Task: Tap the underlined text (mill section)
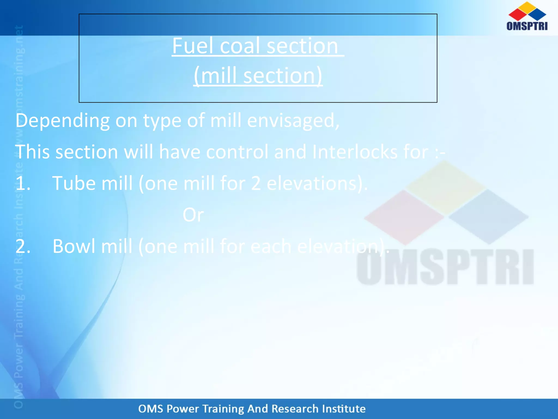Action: click(x=258, y=76)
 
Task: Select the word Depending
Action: click(x=62, y=121)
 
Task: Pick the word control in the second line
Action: click(x=237, y=152)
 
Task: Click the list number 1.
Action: click(x=22, y=183)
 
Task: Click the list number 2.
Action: click(x=22, y=246)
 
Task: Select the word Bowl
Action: click(x=74, y=246)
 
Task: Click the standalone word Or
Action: click(x=193, y=215)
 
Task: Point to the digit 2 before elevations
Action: click(x=256, y=183)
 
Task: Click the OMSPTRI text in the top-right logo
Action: click(x=527, y=26)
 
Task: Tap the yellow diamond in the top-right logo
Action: click(x=527, y=7)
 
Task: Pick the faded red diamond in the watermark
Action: click(x=404, y=217)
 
